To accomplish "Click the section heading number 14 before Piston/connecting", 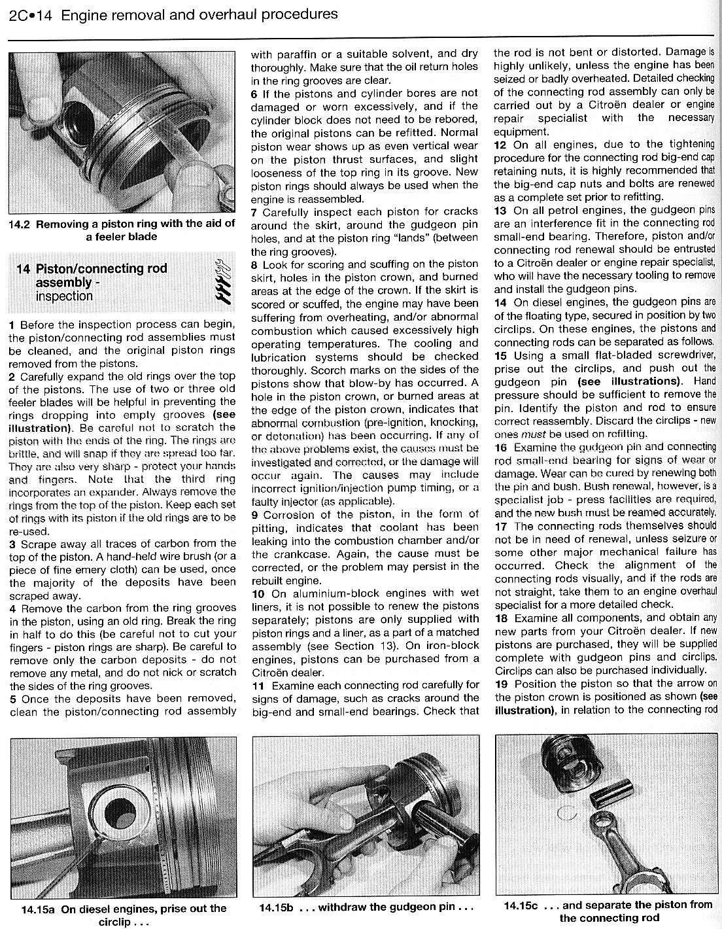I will [23, 269].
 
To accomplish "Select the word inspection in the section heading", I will [64, 296].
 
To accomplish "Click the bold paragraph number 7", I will [255, 213].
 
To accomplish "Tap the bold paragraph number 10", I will [258, 593].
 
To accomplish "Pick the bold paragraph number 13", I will [500, 211].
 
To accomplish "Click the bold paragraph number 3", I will [12, 544].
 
